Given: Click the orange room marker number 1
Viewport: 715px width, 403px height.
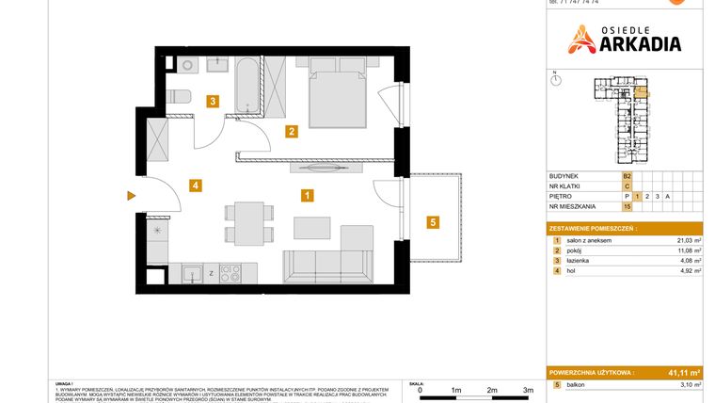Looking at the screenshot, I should click(x=307, y=196).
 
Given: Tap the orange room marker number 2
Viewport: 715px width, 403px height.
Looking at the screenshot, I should click(x=293, y=132).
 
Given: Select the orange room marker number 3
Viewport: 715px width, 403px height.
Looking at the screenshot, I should click(x=214, y=102).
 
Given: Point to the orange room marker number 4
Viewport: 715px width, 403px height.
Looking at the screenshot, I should click(x=195, y=185).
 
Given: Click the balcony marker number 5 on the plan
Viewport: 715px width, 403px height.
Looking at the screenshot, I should click(x=432, y=222).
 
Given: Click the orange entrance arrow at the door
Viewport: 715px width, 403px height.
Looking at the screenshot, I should click(x=132, y=196).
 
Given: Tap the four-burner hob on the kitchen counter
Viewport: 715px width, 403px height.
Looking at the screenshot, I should click(x=230, y=274).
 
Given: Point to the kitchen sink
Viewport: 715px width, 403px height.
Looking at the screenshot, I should click(x=193, y=274).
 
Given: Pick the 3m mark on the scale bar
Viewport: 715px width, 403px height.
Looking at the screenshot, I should click(x=529, y=389).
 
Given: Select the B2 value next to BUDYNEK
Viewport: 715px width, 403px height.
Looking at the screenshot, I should click(x=627, y=175).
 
